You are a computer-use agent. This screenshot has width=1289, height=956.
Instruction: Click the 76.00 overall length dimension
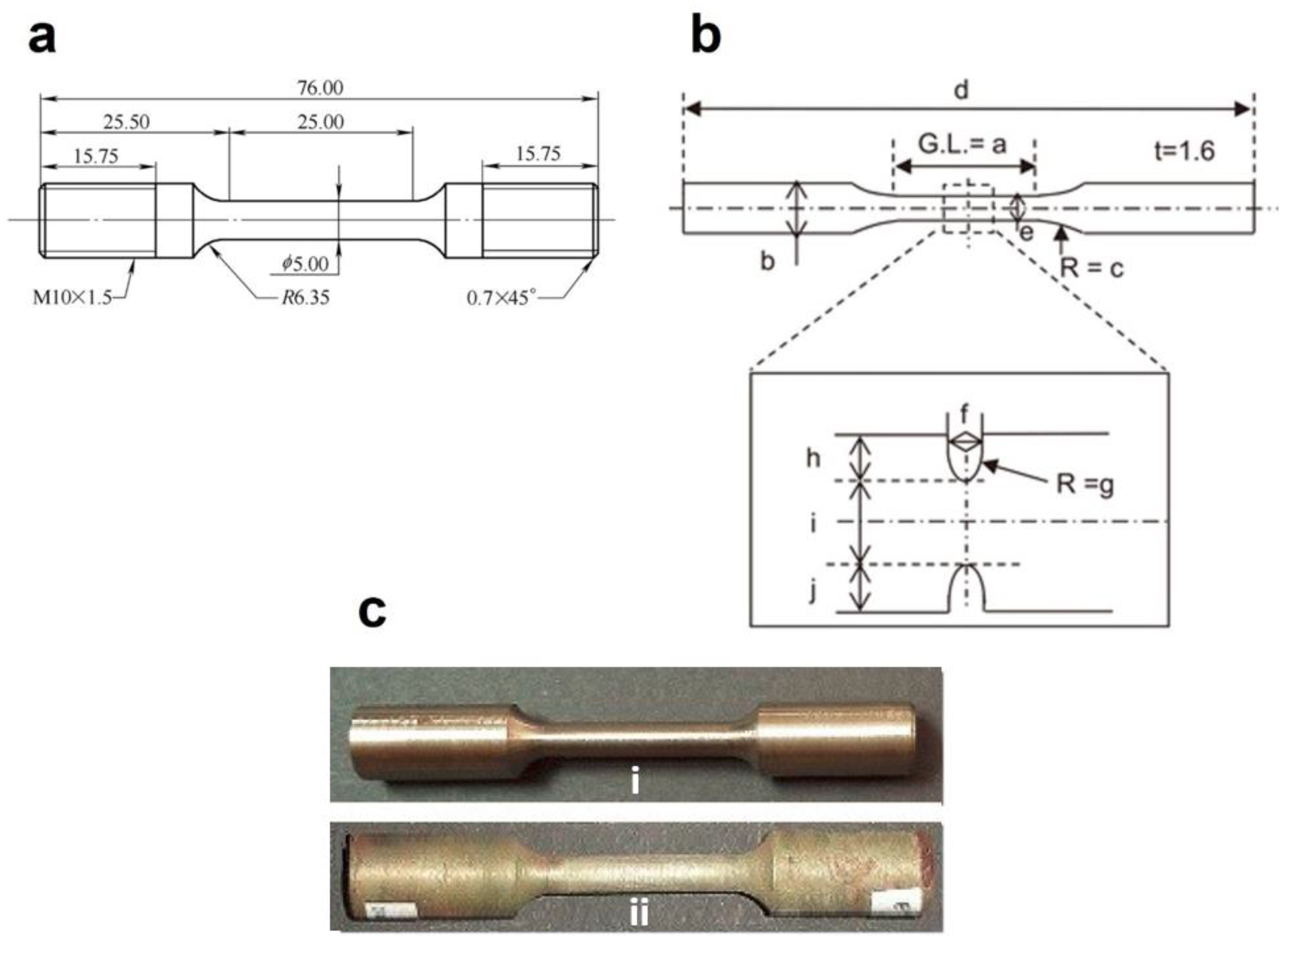click(320, 88)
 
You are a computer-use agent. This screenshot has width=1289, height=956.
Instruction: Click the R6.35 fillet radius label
click(305, 298)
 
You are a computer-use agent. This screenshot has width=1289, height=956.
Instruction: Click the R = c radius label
click(1092, 268)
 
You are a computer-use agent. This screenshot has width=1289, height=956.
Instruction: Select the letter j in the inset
click(813, 592)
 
